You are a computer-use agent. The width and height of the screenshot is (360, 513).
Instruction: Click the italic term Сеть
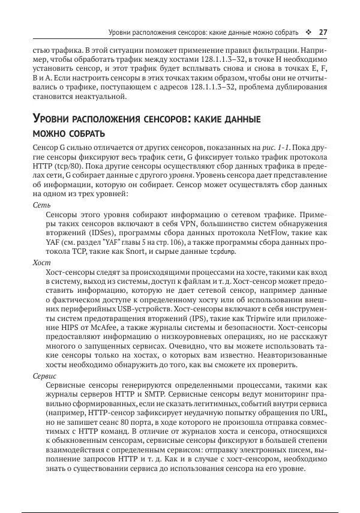[41, 205]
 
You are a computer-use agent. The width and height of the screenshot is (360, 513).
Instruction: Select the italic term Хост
[41, 263]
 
